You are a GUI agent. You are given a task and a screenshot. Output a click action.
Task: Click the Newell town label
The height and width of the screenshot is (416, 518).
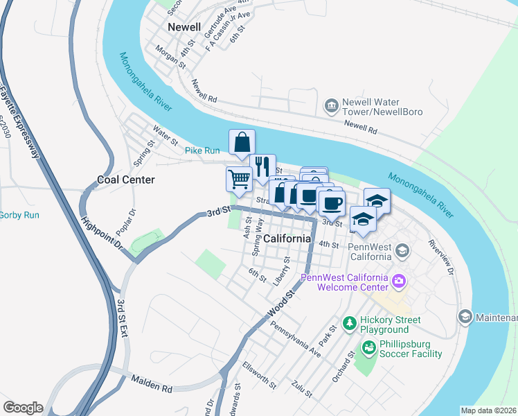click(184, 27)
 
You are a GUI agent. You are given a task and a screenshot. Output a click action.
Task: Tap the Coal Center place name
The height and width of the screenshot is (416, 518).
click(125, 180)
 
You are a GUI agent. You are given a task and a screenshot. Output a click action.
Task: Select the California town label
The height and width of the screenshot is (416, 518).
click(287, 239)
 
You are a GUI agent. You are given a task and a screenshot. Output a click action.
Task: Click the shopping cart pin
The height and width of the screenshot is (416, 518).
click(239, 179)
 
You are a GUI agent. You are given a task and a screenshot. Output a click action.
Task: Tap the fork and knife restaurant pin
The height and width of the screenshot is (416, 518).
click(262, 166)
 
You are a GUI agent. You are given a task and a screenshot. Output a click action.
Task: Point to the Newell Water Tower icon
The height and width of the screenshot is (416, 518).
click(331, 105)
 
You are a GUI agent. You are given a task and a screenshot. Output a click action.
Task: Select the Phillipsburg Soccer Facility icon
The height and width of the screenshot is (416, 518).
click(368, 348)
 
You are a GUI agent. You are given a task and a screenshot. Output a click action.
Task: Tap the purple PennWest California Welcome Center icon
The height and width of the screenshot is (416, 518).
click(398, 281)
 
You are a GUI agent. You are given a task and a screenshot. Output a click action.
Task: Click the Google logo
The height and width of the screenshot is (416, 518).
click(23, 408)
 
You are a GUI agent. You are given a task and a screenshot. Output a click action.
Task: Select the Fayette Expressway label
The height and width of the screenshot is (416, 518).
click(19, 118)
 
